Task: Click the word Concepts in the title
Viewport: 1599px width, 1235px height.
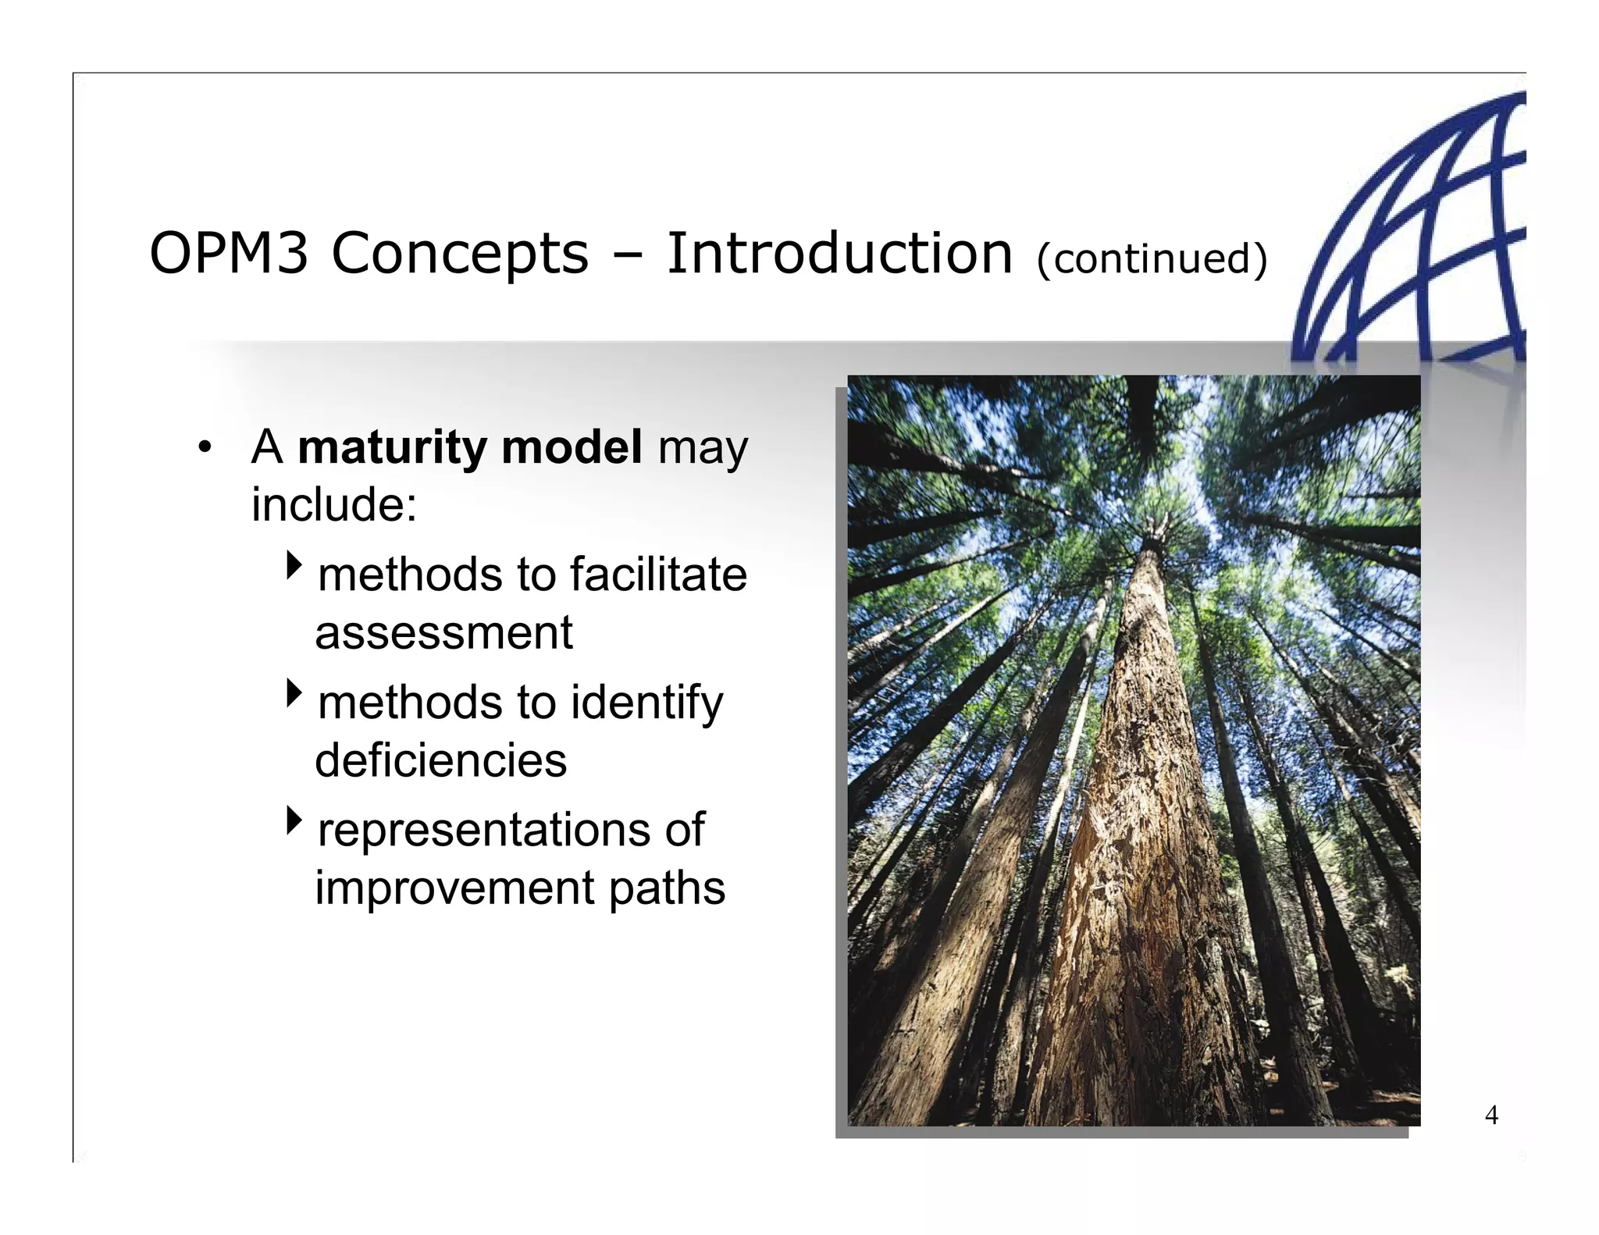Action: click(x=460, y=254)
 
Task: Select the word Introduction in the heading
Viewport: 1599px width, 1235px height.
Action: click(x=839, y=254)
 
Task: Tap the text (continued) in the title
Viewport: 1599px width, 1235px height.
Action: click(x=1151, y=259)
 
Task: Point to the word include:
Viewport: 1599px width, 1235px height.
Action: click(x=334, y=505)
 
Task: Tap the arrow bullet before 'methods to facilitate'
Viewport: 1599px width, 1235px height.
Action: click(x=294, y=564)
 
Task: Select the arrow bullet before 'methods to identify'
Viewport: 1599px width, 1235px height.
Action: click(x=294, y=692)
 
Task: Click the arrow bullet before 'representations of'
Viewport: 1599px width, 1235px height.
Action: click(x=294, y=820)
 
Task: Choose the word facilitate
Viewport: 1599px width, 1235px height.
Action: click(x=658, y=575)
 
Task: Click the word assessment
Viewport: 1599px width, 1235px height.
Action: click(x=443, y=632)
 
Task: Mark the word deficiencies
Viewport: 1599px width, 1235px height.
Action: click(x=440, y=760)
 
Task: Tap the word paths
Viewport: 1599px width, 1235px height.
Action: click(x=667, y=889)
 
